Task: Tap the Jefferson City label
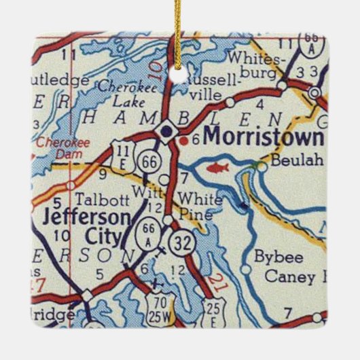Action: [x=86, y=228]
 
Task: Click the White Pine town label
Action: [x=199, y=206]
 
